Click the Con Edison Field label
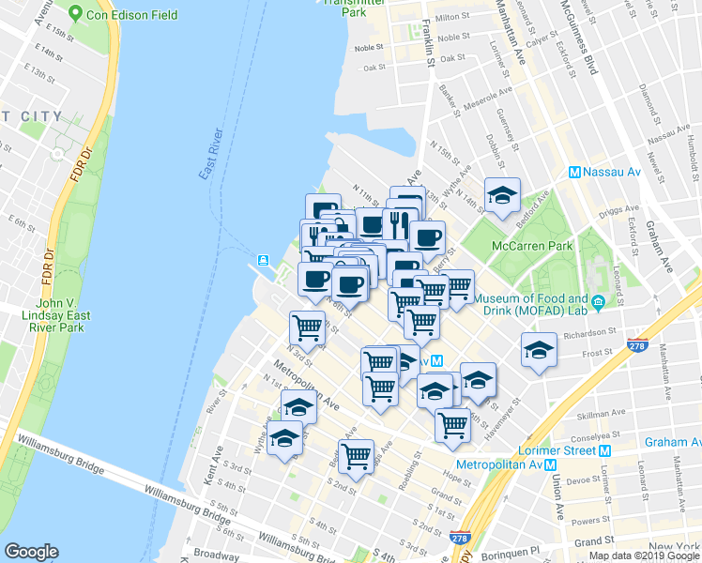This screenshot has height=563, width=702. click(119, 14)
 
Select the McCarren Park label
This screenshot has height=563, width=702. click(532, 247)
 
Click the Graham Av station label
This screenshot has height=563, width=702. click(672, 442)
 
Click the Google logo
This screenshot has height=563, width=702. click(31, 551)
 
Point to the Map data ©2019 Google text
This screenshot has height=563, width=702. click(643, 555)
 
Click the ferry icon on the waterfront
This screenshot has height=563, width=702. click(265, 259)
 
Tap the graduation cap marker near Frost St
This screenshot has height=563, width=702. click(539, 351)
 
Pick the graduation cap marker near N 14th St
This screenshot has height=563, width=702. click(503, 195)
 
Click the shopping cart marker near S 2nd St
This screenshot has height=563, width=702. click(356, 456)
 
